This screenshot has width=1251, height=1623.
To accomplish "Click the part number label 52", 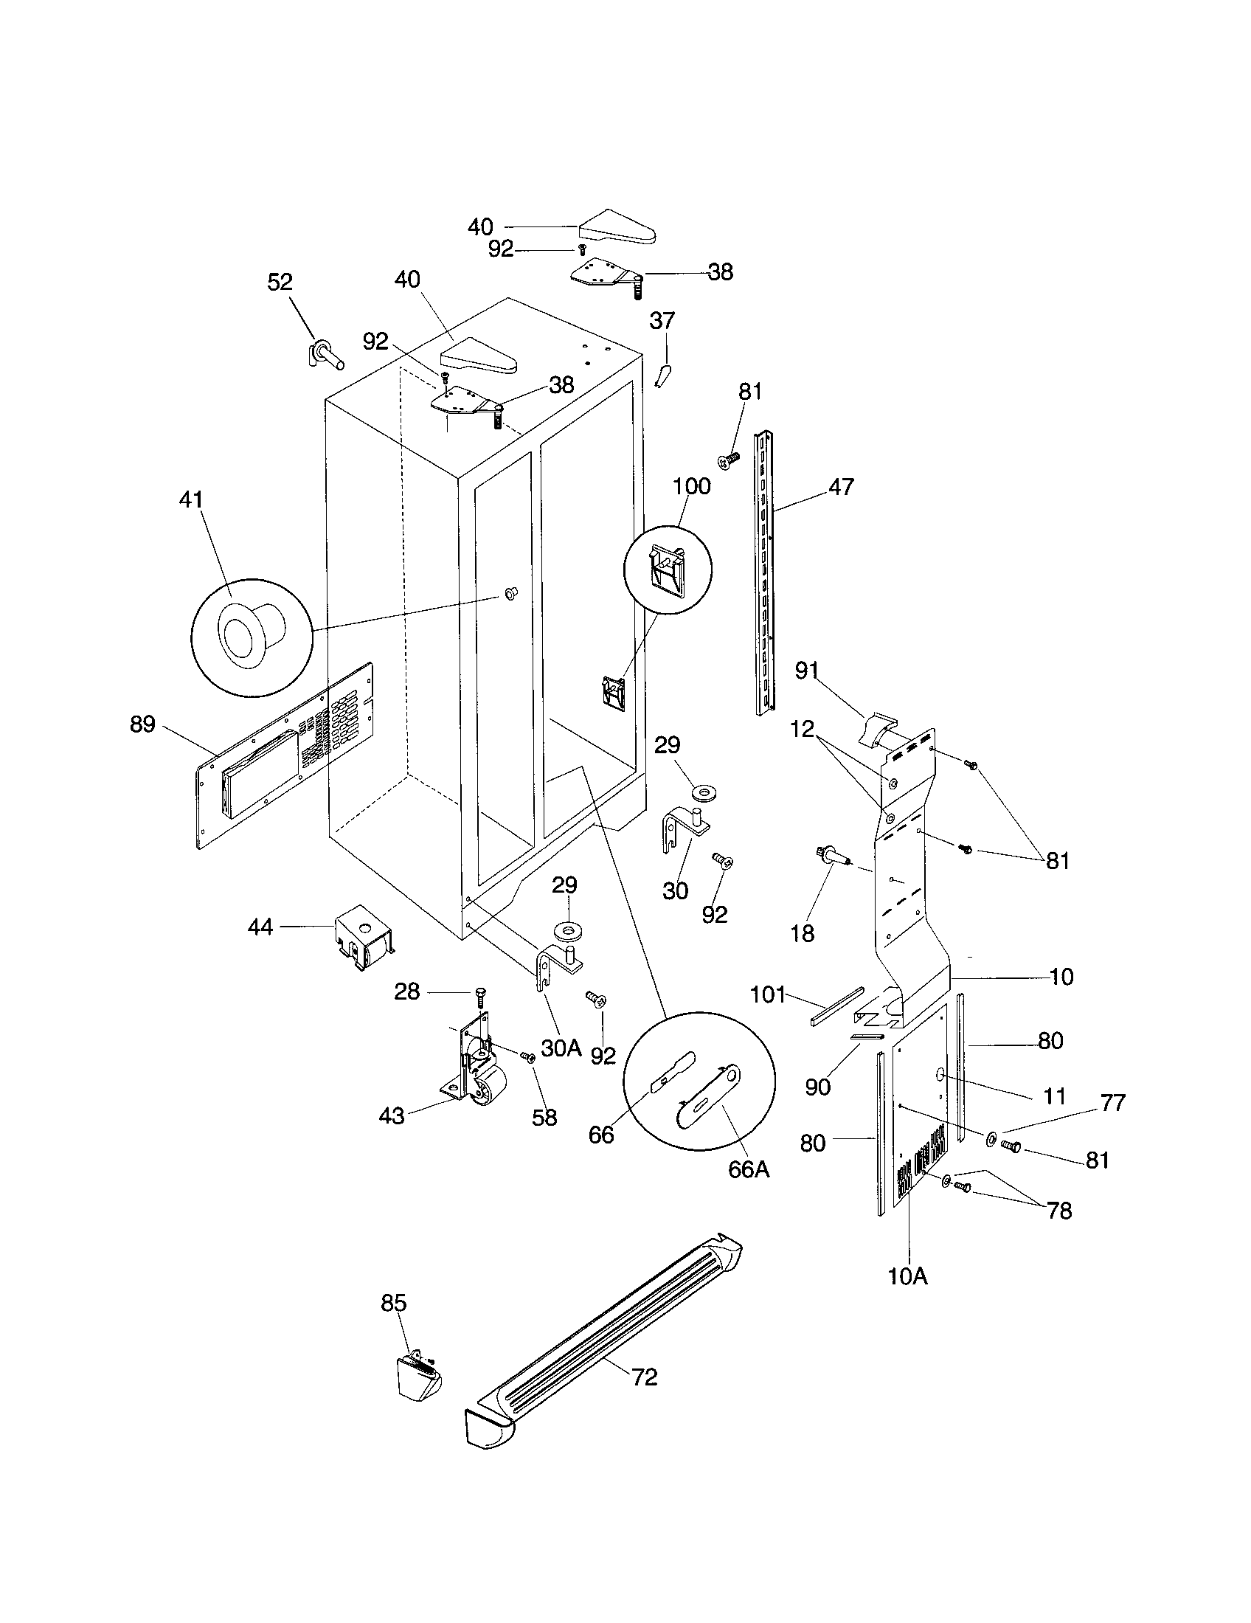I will point(280,282).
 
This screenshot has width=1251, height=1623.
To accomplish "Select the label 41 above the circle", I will point(191,500).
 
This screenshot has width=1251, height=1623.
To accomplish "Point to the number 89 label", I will point(142,724).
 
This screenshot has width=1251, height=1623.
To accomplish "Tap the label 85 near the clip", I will point(394,1303).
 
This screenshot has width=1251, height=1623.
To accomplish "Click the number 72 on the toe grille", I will point(645,1377).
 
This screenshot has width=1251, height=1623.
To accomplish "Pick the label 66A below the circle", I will point(749,1169).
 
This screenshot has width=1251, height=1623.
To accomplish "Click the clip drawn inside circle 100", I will point(666,571).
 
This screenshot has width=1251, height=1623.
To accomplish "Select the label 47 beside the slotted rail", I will point(841,487).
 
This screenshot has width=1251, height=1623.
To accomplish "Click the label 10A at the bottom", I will point(908,1276).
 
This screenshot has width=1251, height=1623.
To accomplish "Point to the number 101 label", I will point(768,994).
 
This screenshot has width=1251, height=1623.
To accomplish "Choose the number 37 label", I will point(662,321).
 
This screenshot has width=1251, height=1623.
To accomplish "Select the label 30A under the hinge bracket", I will point(561,1048).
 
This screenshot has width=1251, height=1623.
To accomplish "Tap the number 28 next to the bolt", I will point(407,992).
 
